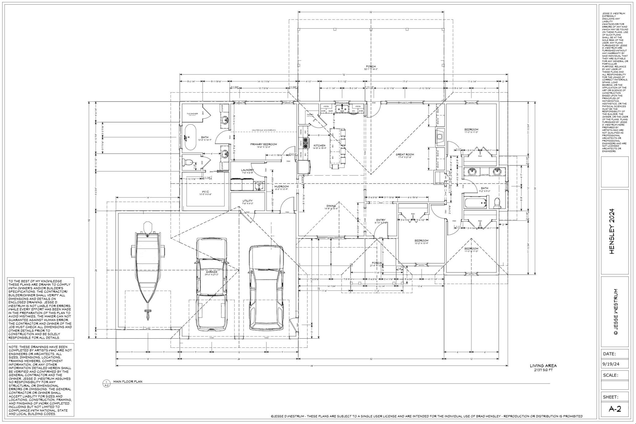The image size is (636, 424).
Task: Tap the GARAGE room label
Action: pyautogui.click(x=211, y=272)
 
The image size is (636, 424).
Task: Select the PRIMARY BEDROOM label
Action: pyautogui.click(x=263, y=144)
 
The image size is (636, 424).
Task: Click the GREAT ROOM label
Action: pyautogui.click(x=405, y=155)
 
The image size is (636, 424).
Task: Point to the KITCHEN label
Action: pyautogui.click(x=319, y=146)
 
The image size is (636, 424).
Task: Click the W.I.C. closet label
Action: pyautogui.click(x=205, y=192)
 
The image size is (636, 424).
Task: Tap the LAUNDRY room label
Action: pyautogui.click(x=247, y=170)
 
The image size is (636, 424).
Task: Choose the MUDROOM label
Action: pyautogui.click(x=281, y=187)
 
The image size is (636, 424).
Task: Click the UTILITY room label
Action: pyautogui.click(x=247, y=201)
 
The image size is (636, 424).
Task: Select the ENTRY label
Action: pyautogui.click(x=381, y=220)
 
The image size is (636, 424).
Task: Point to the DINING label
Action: pyautogui.click(x=331, y=206)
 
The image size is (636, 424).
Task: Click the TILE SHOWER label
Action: pyautogui.click(x=192, y=113)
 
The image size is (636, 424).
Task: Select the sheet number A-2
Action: pyautogui.click(x=615, y=409)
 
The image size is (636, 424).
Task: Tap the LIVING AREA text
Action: pyautogui.click(x=543, y=366)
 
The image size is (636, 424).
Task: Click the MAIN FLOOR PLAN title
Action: pyautogui.click(x=128, y=382)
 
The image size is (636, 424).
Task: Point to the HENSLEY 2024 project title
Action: pyautogui.click(x=612, y=231)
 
